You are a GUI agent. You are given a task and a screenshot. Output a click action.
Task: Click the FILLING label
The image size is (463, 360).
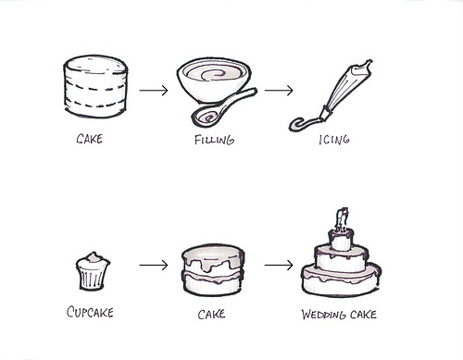click(x=214, y=140)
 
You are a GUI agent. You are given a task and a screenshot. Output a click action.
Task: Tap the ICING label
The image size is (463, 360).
click(x=334, y=140)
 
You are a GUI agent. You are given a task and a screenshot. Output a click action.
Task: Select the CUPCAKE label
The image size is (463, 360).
click(x=90, y=312)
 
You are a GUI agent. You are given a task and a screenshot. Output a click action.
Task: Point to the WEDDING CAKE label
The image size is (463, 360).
click(x=339, y=315)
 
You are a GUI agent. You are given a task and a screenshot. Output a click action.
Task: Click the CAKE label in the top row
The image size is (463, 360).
click(x=89, y=139)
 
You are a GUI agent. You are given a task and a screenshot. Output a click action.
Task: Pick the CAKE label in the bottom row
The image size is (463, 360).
click(x=211, y=315)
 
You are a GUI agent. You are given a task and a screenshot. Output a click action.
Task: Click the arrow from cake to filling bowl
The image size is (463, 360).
click(x=154, y=91)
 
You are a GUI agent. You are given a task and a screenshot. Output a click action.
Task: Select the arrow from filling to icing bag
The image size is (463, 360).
click(x=279, y=91)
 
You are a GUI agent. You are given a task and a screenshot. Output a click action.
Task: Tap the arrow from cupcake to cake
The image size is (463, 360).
click(x=154, y=265)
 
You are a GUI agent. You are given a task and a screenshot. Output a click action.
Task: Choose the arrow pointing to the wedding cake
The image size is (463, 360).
click(x=279, y=265)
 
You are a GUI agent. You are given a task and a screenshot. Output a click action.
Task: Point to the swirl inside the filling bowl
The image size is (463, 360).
click(x=213, y=74)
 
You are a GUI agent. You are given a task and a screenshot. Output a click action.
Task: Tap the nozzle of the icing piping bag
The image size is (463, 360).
click(x=326, y=114)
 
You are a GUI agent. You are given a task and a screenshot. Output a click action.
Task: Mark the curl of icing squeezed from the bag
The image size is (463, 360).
click(x=304, y=124)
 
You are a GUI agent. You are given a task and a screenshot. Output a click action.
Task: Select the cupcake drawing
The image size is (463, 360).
click(x=93, y=271)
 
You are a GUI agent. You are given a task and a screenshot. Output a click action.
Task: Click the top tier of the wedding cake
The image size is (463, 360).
click(x=341, y=239)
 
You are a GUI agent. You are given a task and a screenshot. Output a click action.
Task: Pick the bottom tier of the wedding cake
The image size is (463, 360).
click(x=341, y=281)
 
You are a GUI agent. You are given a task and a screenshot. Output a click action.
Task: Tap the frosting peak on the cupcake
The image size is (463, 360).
click(x=94, y=257)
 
